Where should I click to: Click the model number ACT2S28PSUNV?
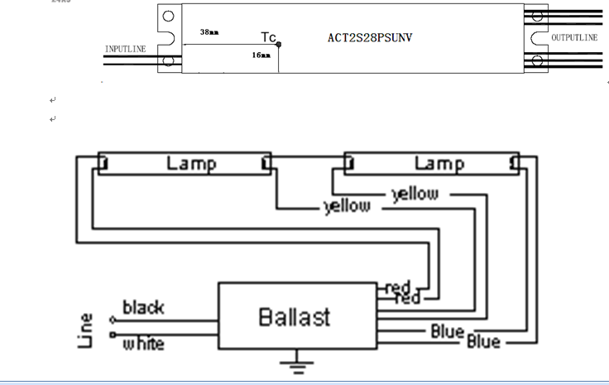tap(370, 38)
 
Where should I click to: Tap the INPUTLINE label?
tap(125, 50)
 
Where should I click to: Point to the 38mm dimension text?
tap(209, 32)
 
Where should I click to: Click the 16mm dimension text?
tap(261, 55)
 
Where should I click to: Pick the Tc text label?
tap(269, 37)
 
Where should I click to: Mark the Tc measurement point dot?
tap(279, 44)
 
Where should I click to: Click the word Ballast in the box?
tap(294, 316)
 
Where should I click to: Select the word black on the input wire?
tap(143, 308)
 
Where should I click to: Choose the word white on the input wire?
tap(143, 342)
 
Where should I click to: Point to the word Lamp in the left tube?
tap(191, 163)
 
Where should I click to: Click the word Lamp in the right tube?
tap(438, 163)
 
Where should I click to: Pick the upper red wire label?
tap(398, 287)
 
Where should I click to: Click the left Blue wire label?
tap(447, 332)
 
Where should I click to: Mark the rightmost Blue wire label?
tap(485, 340)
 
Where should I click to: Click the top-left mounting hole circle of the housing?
tap(168, 17)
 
